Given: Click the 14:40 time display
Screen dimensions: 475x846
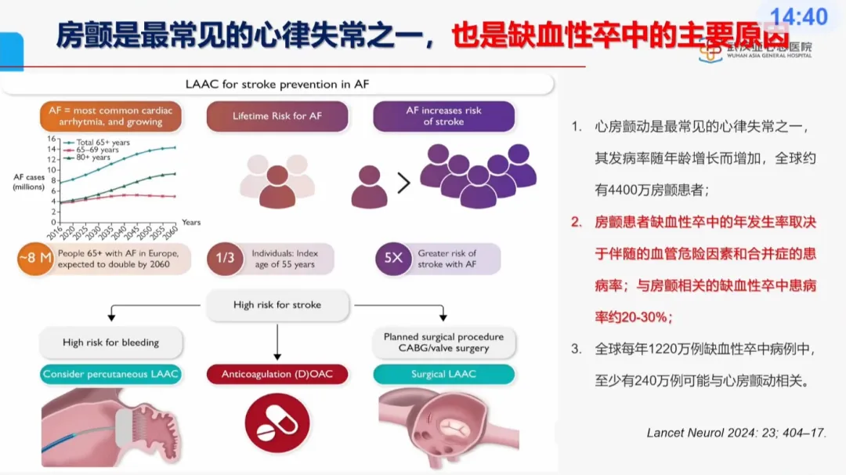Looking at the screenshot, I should coord(799,16).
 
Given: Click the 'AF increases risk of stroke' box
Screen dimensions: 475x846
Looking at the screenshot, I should coord(443,116).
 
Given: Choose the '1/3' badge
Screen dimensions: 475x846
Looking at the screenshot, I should coord(225,259).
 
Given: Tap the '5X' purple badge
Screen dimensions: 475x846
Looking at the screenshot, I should coord(393,259).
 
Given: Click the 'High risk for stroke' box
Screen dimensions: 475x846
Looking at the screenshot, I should coord(277,304).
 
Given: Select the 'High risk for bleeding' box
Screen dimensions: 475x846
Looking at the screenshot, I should coord(110,343).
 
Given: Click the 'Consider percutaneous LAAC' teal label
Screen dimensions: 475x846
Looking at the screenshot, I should coord(110,374).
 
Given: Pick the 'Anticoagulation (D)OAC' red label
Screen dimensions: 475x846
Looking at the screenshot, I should coord(277,374).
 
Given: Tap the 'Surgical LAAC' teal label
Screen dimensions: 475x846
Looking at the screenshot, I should coord(443,374).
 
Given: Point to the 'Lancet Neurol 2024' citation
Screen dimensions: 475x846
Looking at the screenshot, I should coord(736,432).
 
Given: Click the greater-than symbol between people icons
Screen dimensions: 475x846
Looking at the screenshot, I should coord(403,183).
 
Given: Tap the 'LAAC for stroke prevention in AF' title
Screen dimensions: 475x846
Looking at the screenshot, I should coord(278,84).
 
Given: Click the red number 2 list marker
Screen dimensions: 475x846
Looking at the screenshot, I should coord(577,223).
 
